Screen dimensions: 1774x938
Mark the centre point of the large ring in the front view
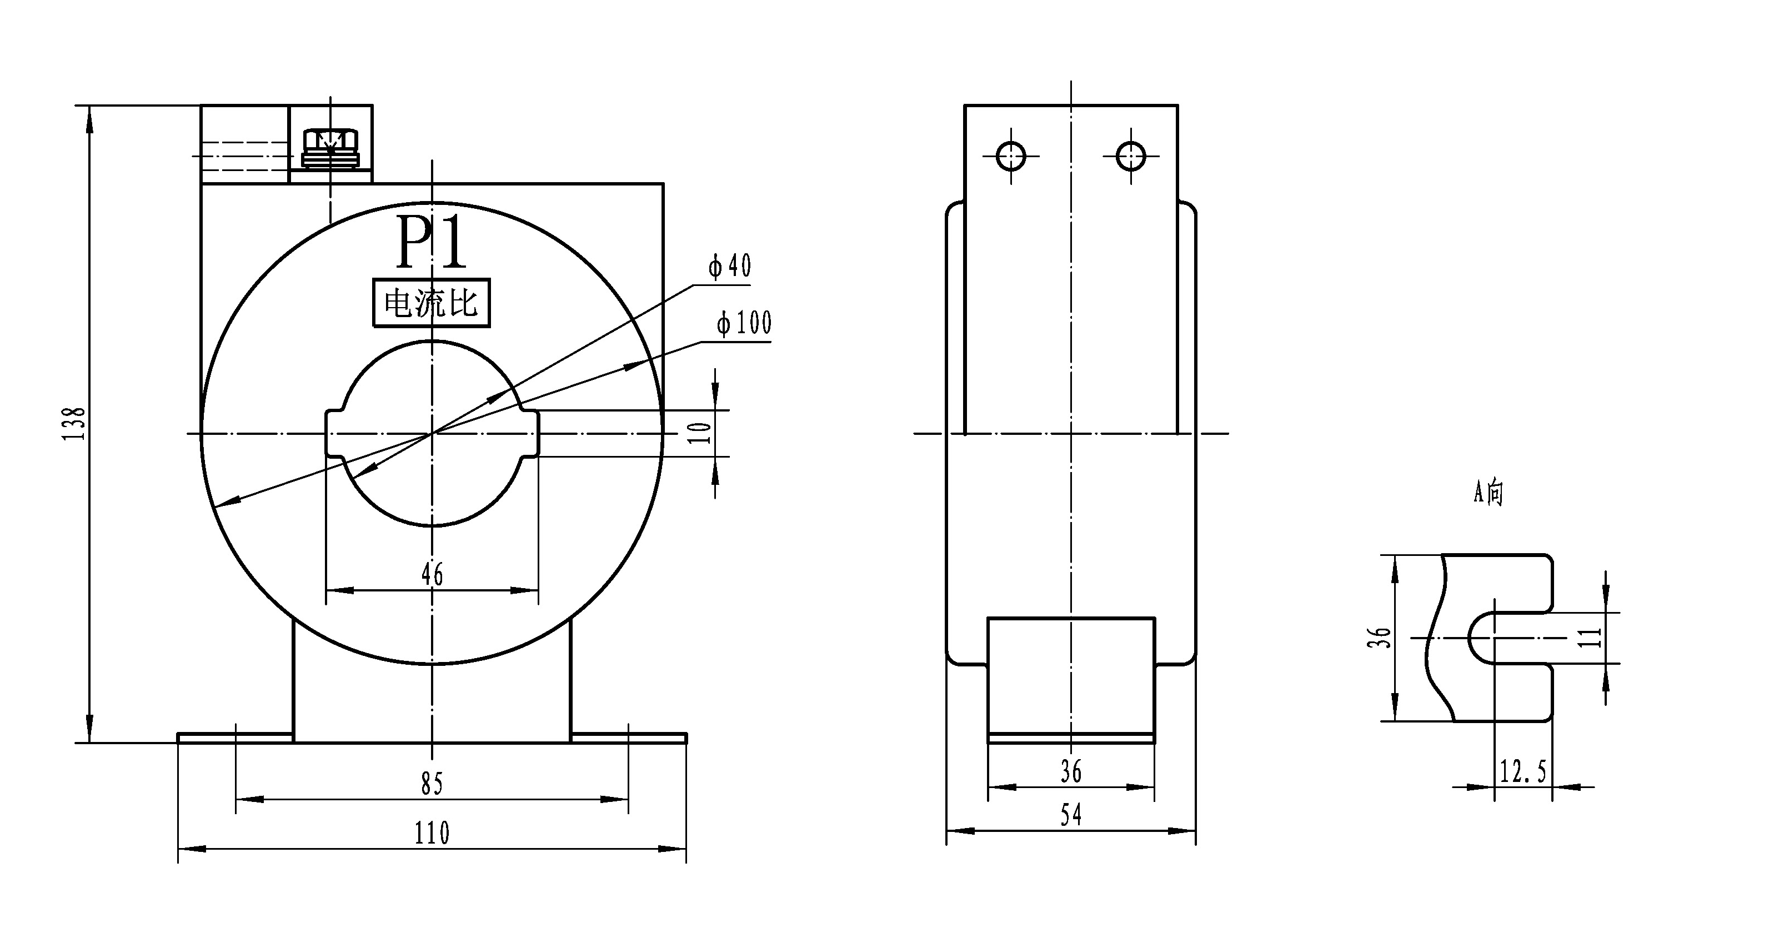point(432,434)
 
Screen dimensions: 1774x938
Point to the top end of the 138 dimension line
point(89,106)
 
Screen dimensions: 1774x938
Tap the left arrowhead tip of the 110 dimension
point(178,849)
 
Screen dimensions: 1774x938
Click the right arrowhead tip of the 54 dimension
point(1195,831)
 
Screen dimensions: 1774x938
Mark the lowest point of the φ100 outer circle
point(432,665)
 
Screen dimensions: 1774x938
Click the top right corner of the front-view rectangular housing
point(663,184)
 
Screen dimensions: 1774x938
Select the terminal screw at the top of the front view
point(330,148)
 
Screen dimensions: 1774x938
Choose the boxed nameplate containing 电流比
point(432,302)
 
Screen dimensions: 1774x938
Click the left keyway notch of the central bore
point(334,434)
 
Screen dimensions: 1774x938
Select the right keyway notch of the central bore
point(529,434)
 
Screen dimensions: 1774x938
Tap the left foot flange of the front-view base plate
point(235,738)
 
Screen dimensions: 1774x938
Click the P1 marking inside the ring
point(432,243)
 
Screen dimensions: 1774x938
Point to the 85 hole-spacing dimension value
point(432,784)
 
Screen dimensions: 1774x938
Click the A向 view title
point(1488,493)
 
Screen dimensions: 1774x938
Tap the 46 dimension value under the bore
point(432,574)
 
